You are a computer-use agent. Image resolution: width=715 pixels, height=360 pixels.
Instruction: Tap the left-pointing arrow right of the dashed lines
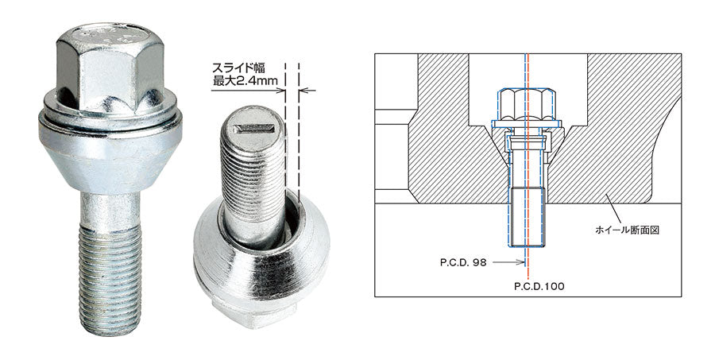pos(308,91)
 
